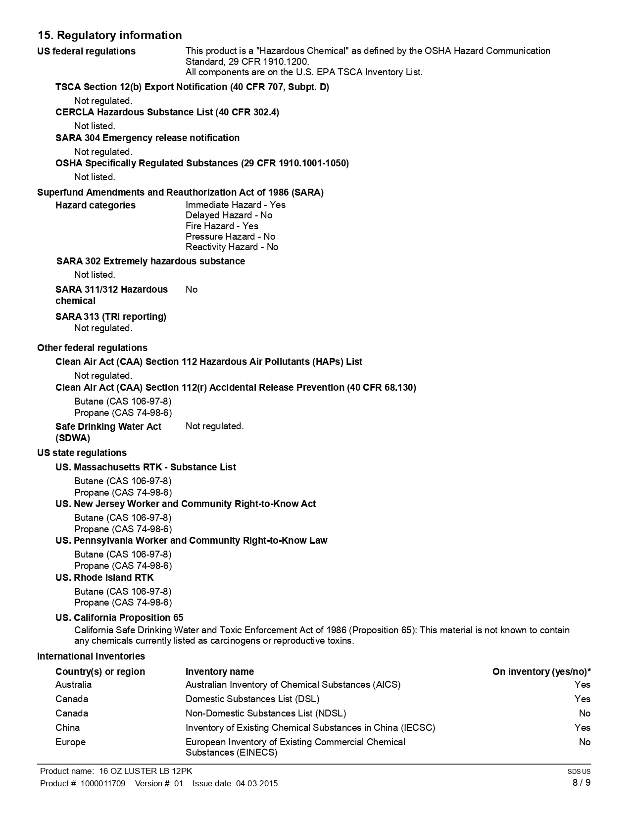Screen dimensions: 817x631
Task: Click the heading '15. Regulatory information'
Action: [110, 35]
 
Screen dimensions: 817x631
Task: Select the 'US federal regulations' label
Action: [86, 51]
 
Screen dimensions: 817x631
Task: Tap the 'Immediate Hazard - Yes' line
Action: [235, 204]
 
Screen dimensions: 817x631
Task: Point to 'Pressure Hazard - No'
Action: [230, 236]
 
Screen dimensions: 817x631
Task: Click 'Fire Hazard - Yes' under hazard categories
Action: [222, 226]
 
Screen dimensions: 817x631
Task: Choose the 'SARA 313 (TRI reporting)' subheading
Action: [111, 316]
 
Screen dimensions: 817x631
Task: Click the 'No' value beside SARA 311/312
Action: [192, 289]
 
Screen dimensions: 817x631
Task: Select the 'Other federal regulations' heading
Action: [92, 348]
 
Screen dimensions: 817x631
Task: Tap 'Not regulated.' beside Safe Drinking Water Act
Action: [214, 426]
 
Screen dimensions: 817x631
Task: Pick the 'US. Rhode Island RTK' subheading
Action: [104, 577]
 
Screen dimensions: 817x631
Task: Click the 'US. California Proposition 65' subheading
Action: [119, 617]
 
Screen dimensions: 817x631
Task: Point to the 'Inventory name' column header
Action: [219, 671]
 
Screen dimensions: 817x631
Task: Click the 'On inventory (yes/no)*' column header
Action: [541, 671]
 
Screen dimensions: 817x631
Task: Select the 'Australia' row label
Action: [73, 684]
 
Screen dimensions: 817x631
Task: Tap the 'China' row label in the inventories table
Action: [67, 727]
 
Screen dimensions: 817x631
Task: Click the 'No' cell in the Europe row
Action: [584, 742]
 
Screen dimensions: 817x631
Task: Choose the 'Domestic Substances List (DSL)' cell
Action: [252, 699]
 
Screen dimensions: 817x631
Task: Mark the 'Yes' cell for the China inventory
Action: [582, 727]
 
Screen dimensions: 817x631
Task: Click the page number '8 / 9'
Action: [582, 782]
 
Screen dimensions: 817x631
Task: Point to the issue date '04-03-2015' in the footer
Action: [256, 783]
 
